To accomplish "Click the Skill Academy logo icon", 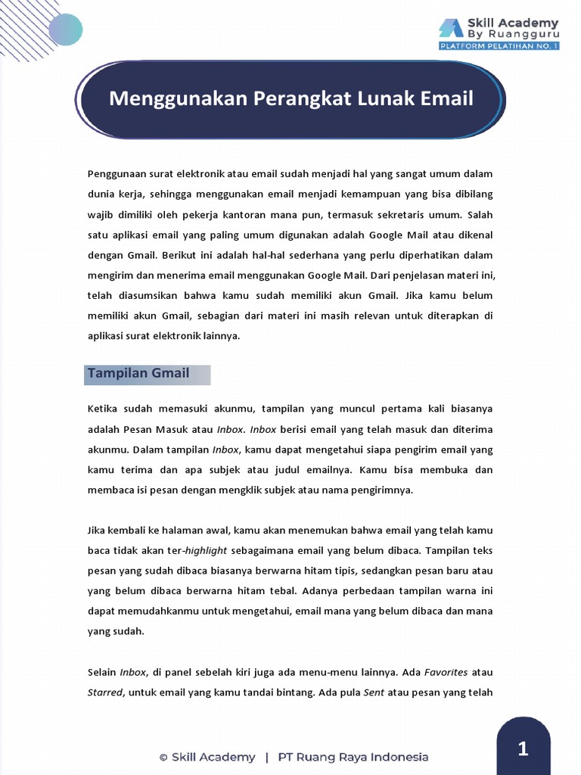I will [452, 28].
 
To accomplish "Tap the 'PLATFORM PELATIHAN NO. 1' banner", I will [499, 46].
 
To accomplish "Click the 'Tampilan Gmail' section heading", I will [138, 373].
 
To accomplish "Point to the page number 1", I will [523, 750].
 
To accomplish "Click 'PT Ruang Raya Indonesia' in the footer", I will [353, 757].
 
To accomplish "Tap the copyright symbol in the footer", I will [163, 758].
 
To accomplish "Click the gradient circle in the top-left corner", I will [65, 29].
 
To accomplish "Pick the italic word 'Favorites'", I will [446, 672].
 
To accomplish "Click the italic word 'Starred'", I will [104, 693].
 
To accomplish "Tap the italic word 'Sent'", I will [373, 693].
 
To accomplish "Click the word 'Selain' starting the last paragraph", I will [102, 672].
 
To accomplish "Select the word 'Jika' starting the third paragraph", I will [97, 530].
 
